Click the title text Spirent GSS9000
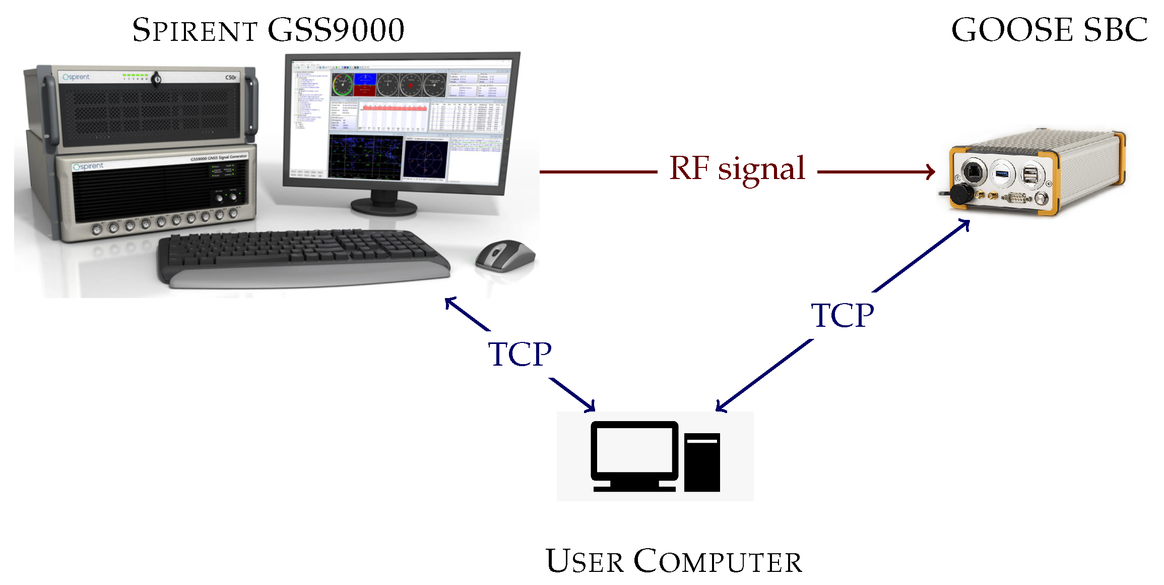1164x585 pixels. tap(268, 30)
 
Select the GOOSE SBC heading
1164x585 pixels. tap(1049, 30)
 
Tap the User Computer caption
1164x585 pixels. tap(674, 561)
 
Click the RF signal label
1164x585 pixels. tap(737, 169)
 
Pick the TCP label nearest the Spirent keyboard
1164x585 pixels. tap(520, 354)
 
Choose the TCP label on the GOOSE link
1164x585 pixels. tap(842, 316)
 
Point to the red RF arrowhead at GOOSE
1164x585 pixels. tap(931, 171)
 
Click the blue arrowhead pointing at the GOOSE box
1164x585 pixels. tap(964, 223)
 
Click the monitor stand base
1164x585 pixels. tap(384, 206)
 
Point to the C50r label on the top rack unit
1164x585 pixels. tap(230, 78)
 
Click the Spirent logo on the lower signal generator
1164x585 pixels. tap(88, 166)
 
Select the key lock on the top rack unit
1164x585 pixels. tap(157, 79)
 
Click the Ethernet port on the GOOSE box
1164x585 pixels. tap(973, 171)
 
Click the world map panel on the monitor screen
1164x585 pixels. tap(365, 156)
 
